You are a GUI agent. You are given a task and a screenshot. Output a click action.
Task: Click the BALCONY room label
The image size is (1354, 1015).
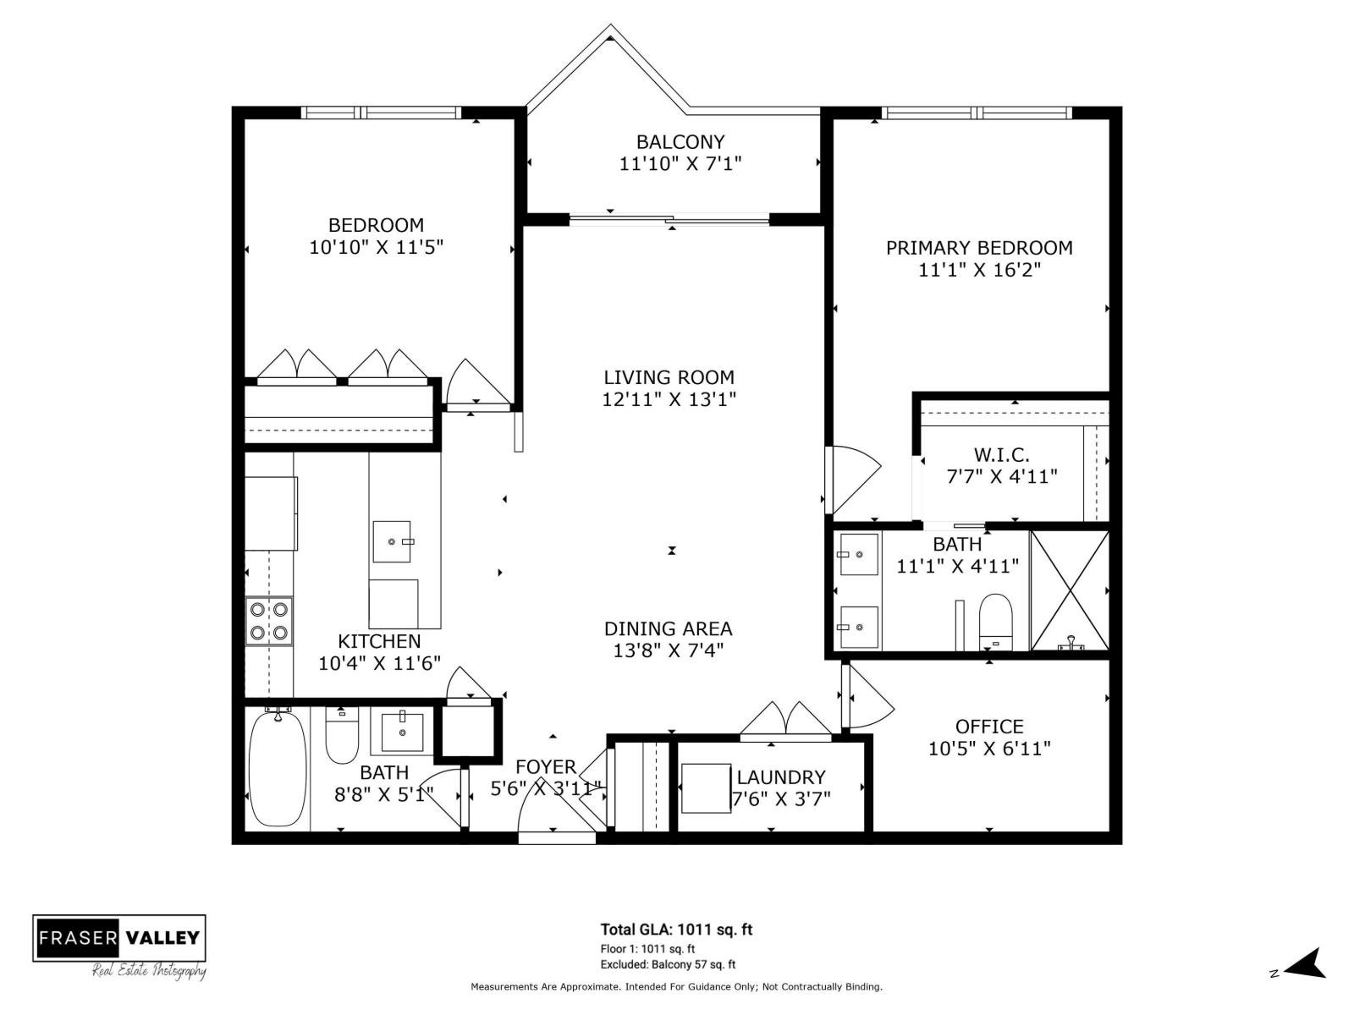pyautogui.click(x=680, y=142)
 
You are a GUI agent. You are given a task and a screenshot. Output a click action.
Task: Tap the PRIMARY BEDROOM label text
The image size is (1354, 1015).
pyautogui.click(x=979, y=248)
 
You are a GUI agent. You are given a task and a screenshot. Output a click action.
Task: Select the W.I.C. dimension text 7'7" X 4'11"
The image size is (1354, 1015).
pyautogui.click(x=1002, y=477)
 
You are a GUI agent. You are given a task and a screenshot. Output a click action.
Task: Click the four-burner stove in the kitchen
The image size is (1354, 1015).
pyautogui.click(x=269, y=621)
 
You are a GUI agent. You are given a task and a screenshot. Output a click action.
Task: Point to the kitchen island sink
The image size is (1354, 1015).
pyautogui.click(x=392, y=541)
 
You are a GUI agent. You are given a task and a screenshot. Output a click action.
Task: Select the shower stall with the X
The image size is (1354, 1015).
pyautogui.click(x=1070, y=590)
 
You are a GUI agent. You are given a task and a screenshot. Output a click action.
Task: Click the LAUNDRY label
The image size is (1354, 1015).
pyautogui.click(x=780, y=777)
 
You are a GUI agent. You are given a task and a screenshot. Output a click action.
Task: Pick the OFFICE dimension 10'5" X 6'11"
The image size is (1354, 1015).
pyautogui.click(x=989, y=749)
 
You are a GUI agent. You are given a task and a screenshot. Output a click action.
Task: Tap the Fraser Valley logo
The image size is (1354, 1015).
pyautogui.click(x=119, y=938)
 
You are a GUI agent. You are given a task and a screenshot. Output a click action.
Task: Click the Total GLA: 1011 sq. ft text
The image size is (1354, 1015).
pyautogui.click(x=676, y=930)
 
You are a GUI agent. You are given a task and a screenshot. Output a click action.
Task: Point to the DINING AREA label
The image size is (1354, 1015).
pyautogui.click(x=668, y=628)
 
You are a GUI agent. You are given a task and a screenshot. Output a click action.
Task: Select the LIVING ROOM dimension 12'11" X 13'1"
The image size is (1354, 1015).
pyautogui.click(x=669, y=399)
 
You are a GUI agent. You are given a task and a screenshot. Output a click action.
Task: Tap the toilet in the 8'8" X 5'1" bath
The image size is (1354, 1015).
pyautogui.click(x=342, y=734)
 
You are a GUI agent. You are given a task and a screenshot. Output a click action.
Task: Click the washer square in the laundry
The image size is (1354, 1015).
pyautogui.click(x=705, y=787)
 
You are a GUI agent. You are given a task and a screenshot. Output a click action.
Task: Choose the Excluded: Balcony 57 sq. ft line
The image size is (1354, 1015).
pyautogui.click(x=668, y=964)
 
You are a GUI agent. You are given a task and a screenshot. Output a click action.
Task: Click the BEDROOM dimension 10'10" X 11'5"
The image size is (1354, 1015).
pyautogui.click(x=377, y=247)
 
